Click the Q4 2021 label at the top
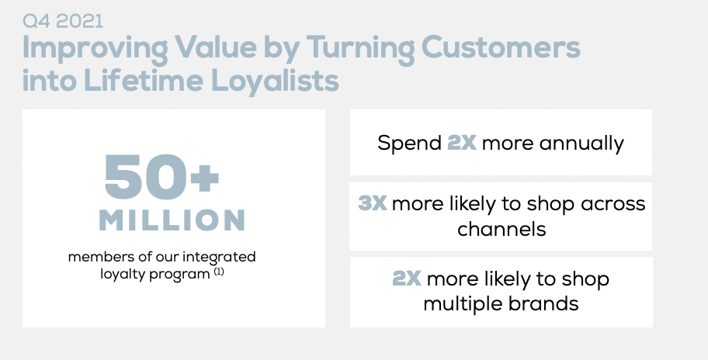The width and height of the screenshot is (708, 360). [x=63, y=21]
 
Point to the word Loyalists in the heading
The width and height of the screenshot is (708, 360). [x=275, y=82]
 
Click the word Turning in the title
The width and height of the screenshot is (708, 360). [x=360, y=49]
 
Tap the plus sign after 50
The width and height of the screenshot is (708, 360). [x=204, y=178]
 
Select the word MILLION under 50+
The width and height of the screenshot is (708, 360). [x=172, y=220]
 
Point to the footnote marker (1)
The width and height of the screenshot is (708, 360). [x=219, y=272]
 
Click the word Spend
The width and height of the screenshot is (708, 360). [x=410, y=144]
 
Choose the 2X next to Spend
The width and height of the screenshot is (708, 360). [x=461, y=143]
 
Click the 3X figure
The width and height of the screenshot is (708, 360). [x=373, y=203]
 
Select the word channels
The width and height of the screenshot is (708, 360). [x=501, y=229]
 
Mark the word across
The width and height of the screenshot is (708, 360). [x=613, y=204]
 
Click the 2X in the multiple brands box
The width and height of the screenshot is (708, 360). [x=406, y=278]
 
